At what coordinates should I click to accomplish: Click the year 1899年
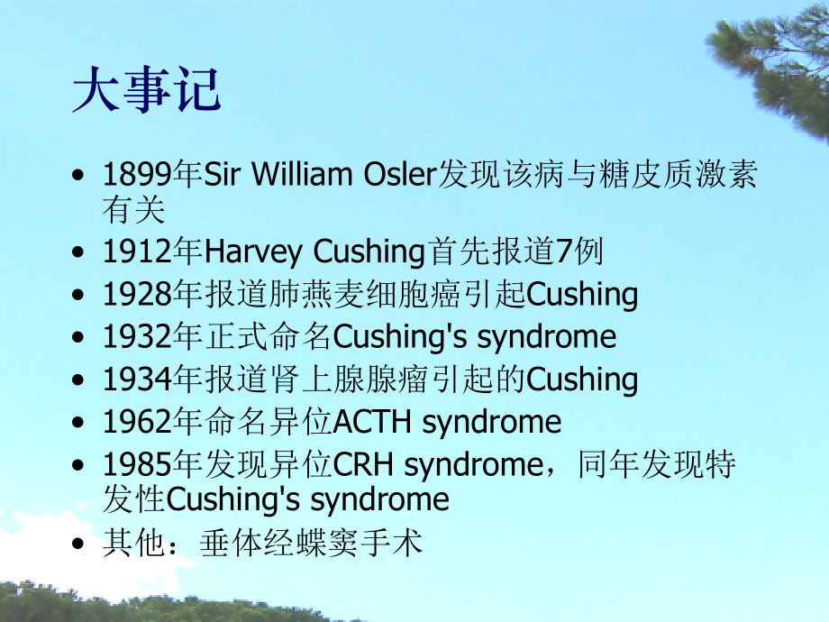pyautogui.click(x=153, y=175)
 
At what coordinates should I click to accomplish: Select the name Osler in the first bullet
pyautogui.click(x=399, y=175)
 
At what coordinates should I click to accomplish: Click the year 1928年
pyautogui.click(x=153, y=295)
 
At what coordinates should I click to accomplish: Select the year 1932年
pyautogui.click(x=153, y=337)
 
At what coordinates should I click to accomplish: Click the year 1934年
pyautogui.click(x=153, y=380)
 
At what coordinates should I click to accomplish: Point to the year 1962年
pyautogui.click(x=153, y=422)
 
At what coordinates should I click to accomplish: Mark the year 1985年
pyautogui.click(x=153, y=464)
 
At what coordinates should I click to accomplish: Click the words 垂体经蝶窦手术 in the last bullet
pyautogui.click(x=312, y=544)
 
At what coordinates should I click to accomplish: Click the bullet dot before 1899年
pyautogui.click(x=83, y=176)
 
